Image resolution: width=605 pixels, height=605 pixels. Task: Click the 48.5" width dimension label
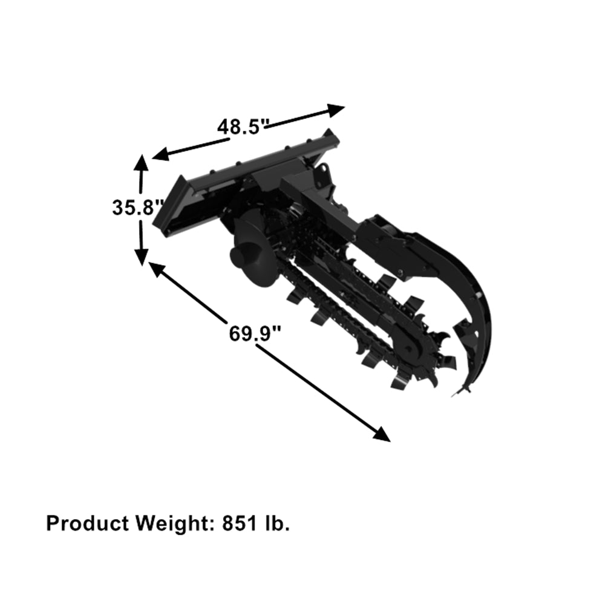pyautogui.click(x=243, y=126)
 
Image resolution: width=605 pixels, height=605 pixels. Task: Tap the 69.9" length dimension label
pyautogui.click(x=255, y=332)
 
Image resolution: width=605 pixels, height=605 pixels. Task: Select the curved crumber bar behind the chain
pyautogui.click(x=478, y=302)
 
